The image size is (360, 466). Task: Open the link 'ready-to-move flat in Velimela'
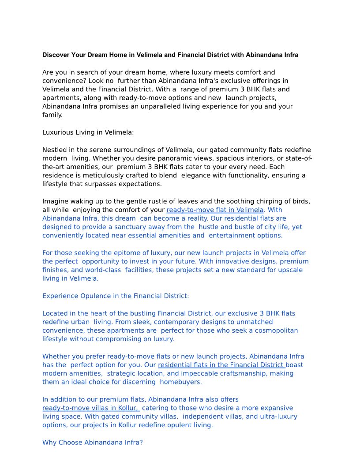point(215,210)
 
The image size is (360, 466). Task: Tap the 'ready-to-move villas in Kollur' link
point(90,408)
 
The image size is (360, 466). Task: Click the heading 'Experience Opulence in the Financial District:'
point(116,296)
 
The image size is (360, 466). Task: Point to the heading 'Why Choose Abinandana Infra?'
point(93,442)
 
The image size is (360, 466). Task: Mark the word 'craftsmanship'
point(220,373)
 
